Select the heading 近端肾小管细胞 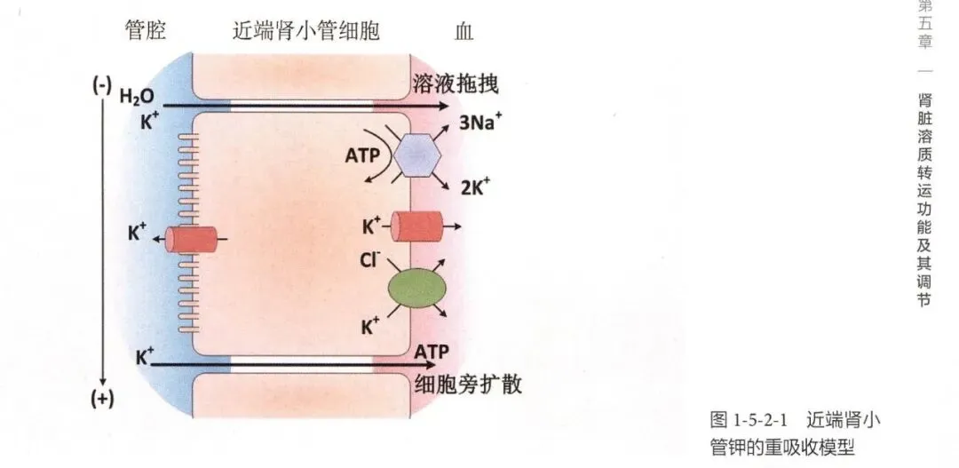click(300, 32)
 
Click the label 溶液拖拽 click(456, 84)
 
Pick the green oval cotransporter click(416, 290)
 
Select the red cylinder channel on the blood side click(418, 226)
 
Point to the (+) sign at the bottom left click(103, 399)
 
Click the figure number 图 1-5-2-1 click(742, 418)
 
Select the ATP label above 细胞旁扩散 click(432, 350)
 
